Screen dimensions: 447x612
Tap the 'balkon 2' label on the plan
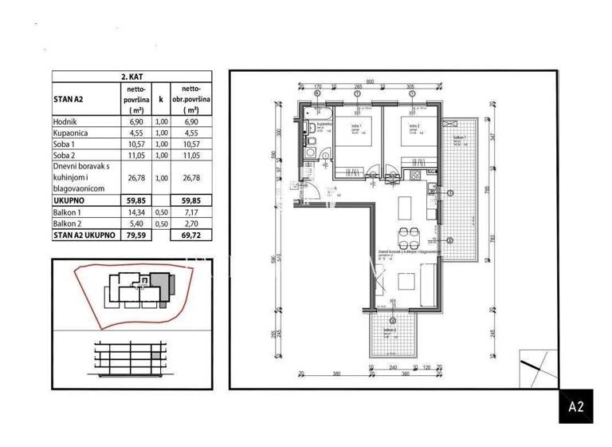[390, 330]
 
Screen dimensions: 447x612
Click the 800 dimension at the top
[370, 81]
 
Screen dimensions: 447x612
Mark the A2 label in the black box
[577, 406]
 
